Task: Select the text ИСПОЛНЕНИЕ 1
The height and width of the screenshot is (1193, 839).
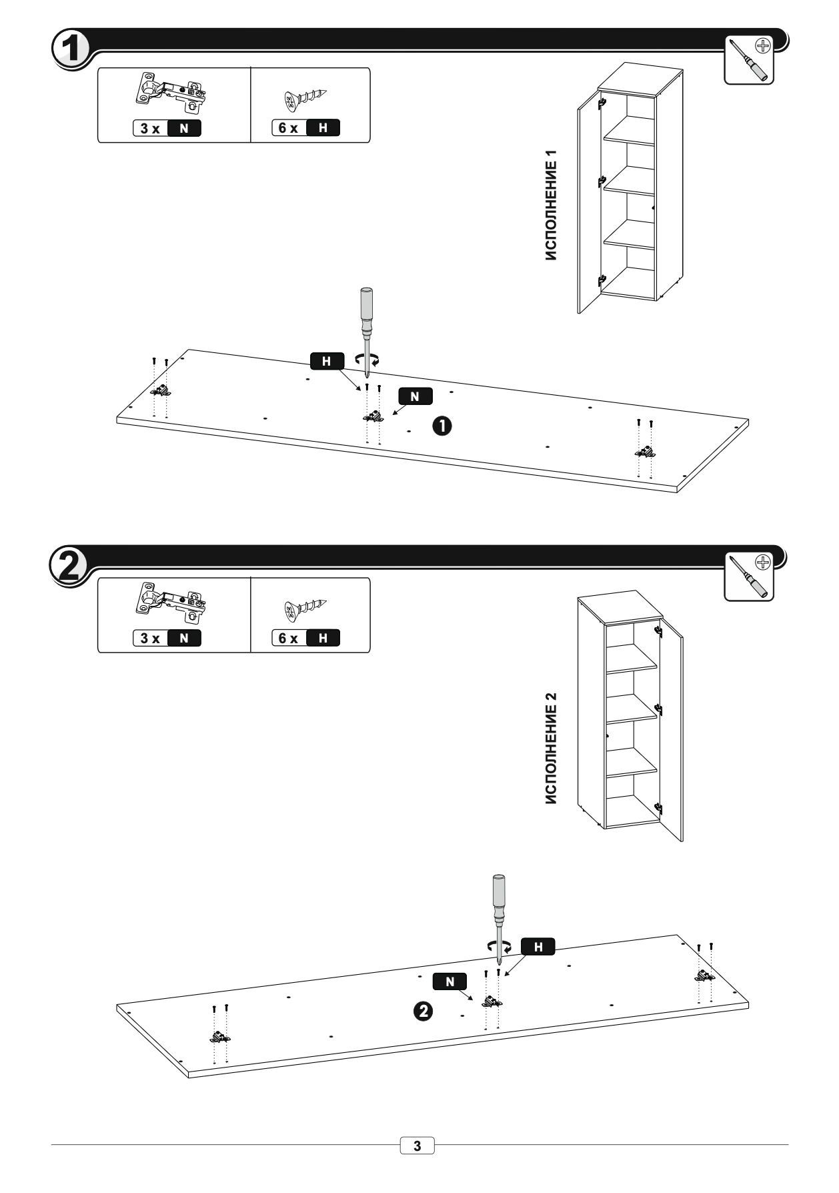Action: point(551,205)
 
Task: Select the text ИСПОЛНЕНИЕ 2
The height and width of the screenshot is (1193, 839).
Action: point(551,749)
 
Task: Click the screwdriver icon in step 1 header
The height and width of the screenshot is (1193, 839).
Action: point(749,59)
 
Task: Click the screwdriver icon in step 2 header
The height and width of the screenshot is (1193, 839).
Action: point(749,576)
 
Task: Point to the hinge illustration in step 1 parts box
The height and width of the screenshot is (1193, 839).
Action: point(170,93)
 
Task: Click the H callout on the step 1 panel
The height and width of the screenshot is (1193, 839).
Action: point(327,361)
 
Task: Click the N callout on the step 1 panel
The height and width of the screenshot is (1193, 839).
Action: point(415,396)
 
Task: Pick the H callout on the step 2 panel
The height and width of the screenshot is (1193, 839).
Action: point(538,947)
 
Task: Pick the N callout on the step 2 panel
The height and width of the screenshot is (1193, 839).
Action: point(450,981)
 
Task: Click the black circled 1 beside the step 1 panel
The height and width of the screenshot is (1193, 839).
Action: point(443,425)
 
